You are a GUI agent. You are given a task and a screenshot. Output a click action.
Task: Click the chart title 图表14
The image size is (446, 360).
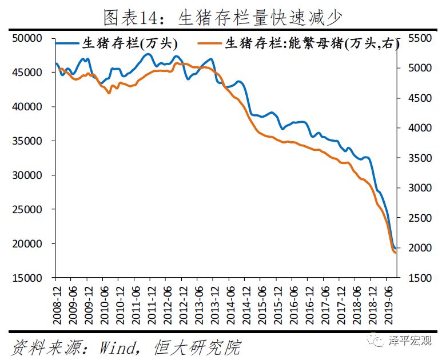pyautogui.click(x=222, y=17)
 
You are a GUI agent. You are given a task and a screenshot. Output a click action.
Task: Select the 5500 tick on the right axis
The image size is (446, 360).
pyautogui.click(x=419, y=38)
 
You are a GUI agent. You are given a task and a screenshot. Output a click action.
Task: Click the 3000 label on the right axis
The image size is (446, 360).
pyautogui.click(x=419, y=188)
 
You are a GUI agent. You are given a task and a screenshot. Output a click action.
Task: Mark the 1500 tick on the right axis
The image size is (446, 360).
pyautogui.click(x=419, y=278)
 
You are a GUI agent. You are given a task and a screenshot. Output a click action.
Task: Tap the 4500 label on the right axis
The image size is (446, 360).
pyautogui.click(x=419, y=98)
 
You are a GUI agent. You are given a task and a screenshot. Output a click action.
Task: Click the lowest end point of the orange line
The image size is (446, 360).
pyautogui.click(x=395, y=253)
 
